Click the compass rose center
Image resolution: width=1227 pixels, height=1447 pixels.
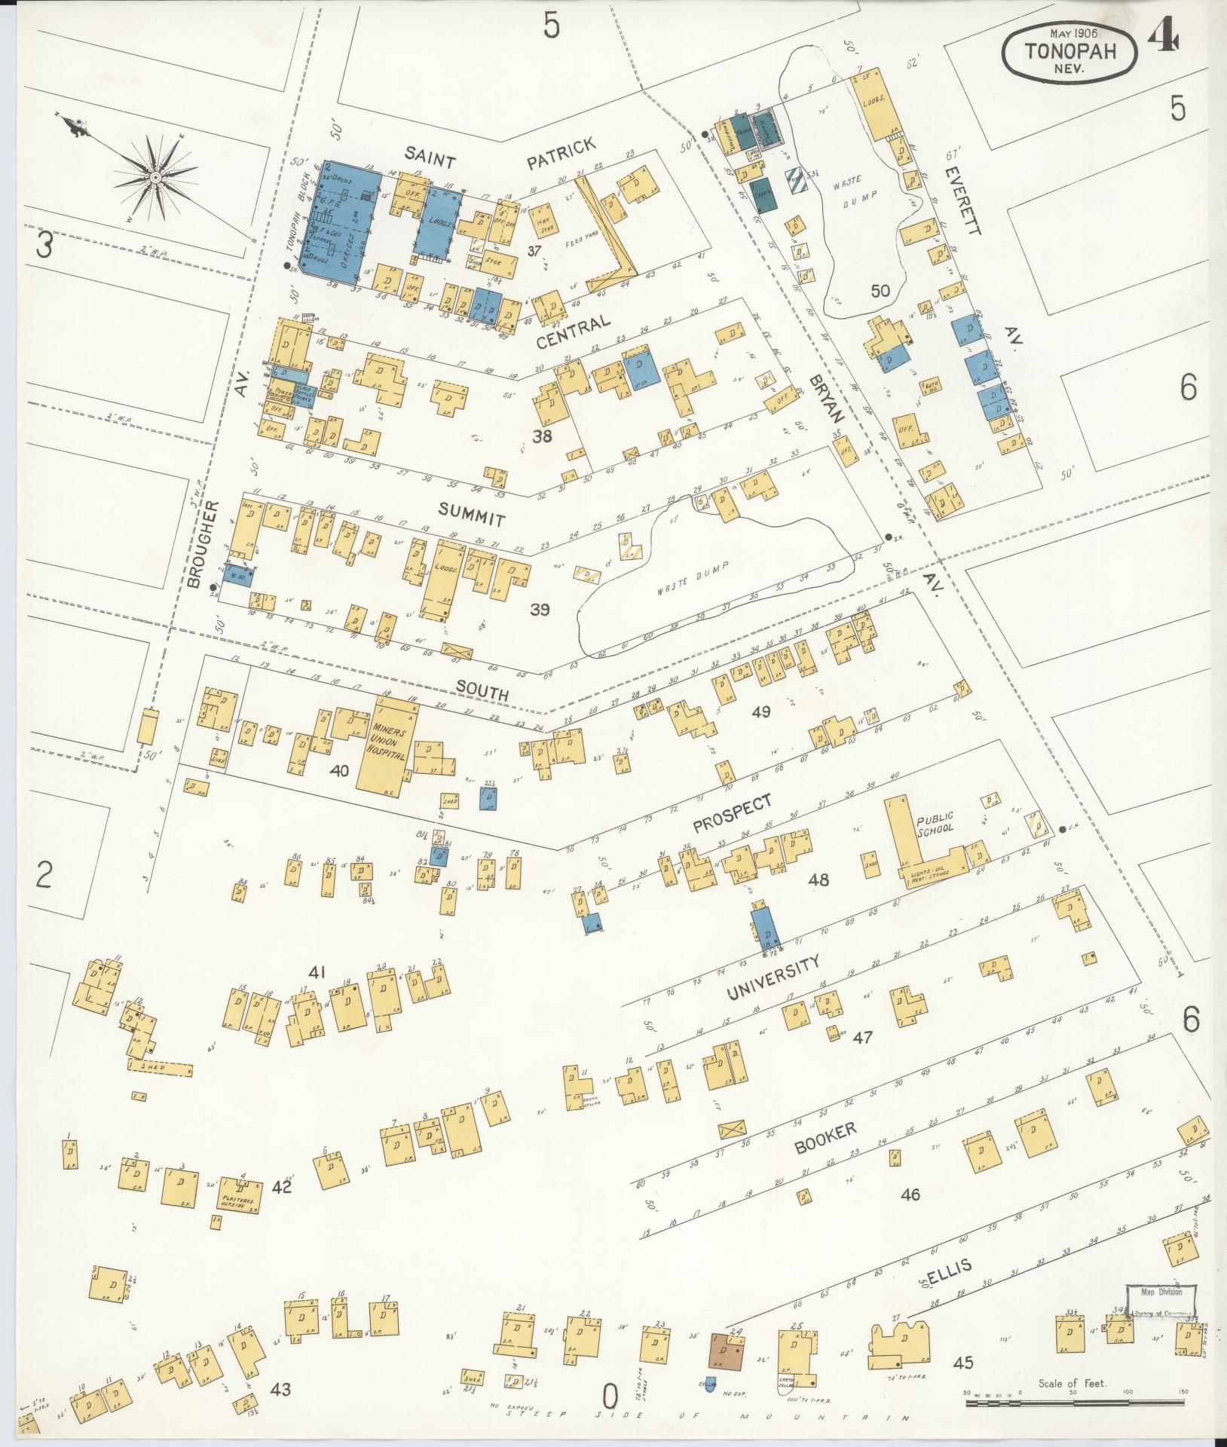[155, 176]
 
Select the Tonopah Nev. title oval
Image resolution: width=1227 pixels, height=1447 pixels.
[1069, 55]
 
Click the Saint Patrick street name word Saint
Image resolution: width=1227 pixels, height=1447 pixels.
[430, 158]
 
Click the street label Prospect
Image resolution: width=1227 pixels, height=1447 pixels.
[733, 815]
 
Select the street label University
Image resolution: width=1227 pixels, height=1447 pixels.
[772, 978]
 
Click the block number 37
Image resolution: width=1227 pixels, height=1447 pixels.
[536, 250]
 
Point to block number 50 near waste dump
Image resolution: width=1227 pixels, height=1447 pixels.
[880, 291]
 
